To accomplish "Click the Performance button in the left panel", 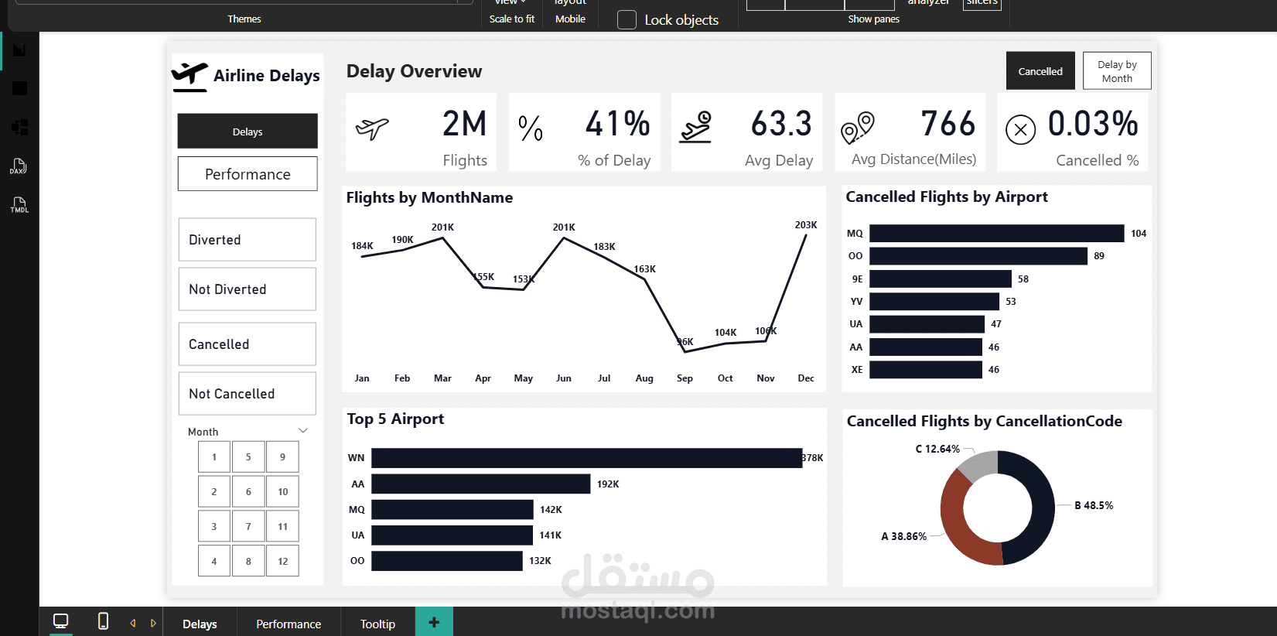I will pyautogui.click(x=248, y=174).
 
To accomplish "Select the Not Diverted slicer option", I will pyautogui.click(x=248, y=289).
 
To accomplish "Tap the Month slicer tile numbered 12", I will pyautogui.click(x=282, y=561).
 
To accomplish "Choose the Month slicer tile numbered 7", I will pyautogui.click(x=248, y=526).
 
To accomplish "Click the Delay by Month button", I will pyautogui.click(x=1117, y=71).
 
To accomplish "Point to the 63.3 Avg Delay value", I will pyautogui.click(x=781, y=124).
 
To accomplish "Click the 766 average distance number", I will pyautogui.click(x=948, y=124).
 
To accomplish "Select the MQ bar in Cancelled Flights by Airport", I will pyautogui.click(x=996, y=234).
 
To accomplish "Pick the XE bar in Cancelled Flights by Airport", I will pyautogui.click(x=925, y=370).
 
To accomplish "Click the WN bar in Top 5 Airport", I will pyautogui.click(x=586, y=458).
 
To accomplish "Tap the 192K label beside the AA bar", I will pyautogui.click(x=608, y=484).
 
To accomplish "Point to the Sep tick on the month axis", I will pyautogui.click(x=685, y=378).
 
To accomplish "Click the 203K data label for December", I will pyautogui.click(x=806, y=225).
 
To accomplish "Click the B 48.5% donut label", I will pyautogui.click(x=1094, y=505).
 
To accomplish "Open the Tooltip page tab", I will pyautogui.click(x=377, y=624).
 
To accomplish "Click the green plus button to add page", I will pyautogui.click(x=434, y=622).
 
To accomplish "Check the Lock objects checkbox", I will pyautogui.click(x=627, y=20).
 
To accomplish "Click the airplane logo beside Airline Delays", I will pyautogui.click(x=190, y=76).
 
